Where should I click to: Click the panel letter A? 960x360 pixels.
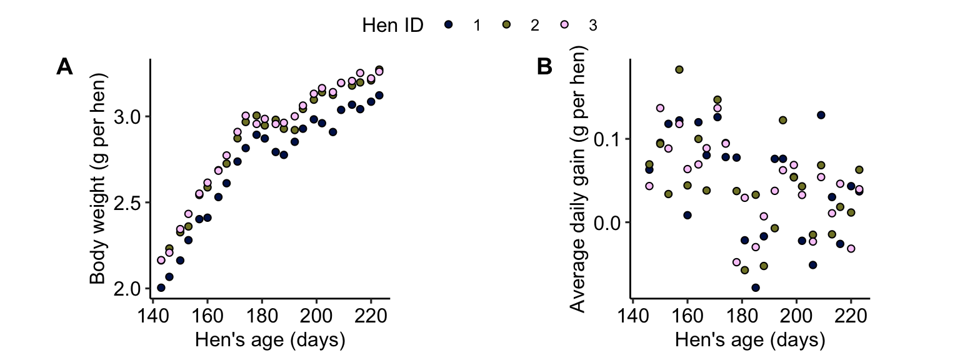(x=64, y=66)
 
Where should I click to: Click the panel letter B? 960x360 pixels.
(x=544, y=66)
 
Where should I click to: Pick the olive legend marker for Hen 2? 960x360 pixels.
(x=507, y=25)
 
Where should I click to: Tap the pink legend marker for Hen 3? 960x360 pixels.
(x=564, y=25)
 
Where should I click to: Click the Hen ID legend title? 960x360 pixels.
(x=393, y=25)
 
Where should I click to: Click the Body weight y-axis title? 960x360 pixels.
(x=98, y=178)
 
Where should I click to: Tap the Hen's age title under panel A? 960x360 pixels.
(x=270, y=340)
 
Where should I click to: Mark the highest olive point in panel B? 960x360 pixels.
(x=679, y=69)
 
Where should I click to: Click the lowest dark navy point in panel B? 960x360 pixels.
(x=756, y=287)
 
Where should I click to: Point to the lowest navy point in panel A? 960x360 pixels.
(x=161, y=287)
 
